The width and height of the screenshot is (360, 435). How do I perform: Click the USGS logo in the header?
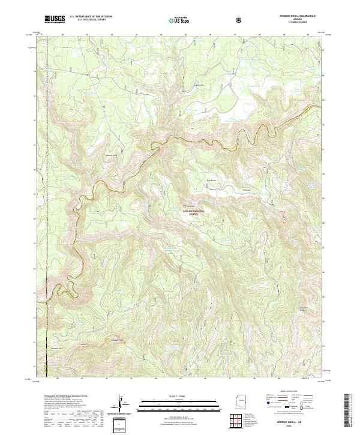coord(55,20)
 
